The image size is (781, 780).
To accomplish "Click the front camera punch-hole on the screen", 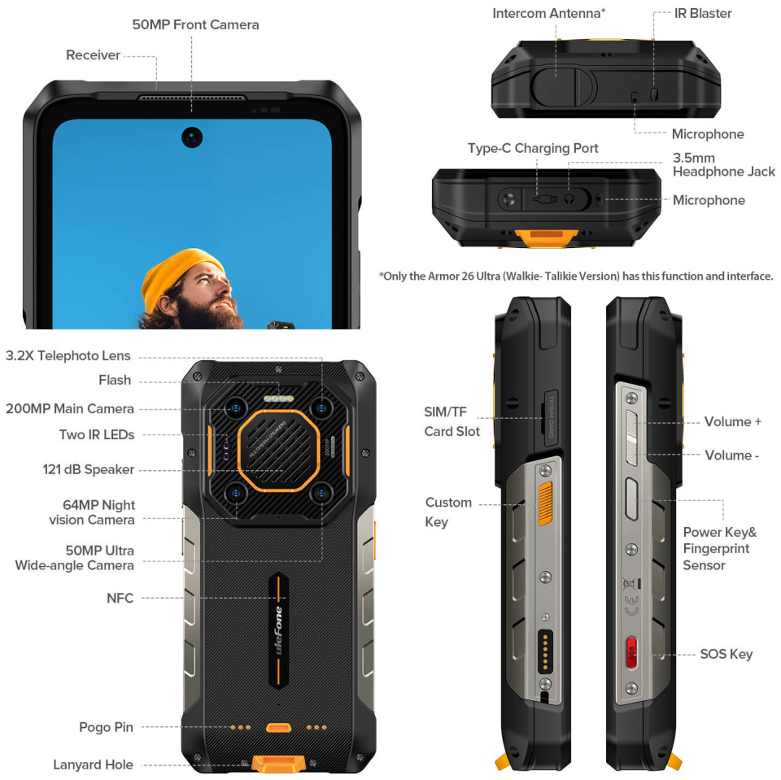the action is point(192,137).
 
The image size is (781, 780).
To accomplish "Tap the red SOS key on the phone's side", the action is point(631,652).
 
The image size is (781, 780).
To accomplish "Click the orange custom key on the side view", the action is point(545,503).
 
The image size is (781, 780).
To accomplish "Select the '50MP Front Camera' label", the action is point(195,24).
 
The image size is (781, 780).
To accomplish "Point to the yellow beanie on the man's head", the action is point(181,274).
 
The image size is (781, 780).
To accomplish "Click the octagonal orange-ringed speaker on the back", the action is point(278,451).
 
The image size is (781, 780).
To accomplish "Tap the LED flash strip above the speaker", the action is point(278,399).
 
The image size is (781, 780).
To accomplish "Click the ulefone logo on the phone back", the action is point(278,630).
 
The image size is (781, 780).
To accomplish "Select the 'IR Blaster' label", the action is point(703,14).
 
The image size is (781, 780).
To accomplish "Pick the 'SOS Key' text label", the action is point(726,654).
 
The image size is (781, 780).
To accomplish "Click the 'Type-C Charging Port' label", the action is point(532,148).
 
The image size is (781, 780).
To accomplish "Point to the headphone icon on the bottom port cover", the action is point(569,199).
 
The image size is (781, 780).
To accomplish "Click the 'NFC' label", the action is point(120,598).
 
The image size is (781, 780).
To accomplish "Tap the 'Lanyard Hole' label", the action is point(93,765).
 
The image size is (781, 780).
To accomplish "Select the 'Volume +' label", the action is point(733,422).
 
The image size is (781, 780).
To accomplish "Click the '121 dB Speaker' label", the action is point(88,469).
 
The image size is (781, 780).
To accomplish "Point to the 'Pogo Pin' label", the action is point(106,727).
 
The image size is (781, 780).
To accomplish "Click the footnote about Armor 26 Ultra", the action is point(576,277).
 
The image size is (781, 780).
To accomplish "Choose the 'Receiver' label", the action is point(93,54).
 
